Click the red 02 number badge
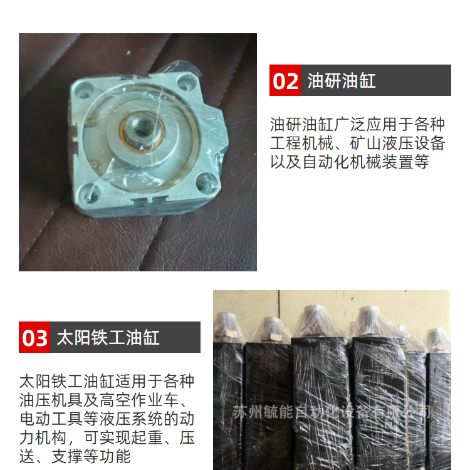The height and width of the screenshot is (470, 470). pyautogui.click(x=285, y=80)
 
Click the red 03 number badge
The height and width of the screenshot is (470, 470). pyautogui.click(x=34, y=337)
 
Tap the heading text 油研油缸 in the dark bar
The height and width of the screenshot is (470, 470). pyautogui.click(x=342, y=81)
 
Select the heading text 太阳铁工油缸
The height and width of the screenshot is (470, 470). pyautogui.click(x=108, y=338)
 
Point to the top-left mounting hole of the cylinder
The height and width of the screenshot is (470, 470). pyautogui.click(x=83, y=90)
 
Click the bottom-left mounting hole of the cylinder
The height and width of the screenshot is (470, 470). pyautogui.click(x=91, y=194)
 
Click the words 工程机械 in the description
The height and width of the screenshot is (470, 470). pyautogui.click(x=302, y=143)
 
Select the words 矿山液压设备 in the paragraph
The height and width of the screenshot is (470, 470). pyautogui.click(x=397, y=143)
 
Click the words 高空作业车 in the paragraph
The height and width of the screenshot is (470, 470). pyautogui.click(x=139, y=400)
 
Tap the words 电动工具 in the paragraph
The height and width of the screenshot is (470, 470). pyautogui.click(x=51, y=419)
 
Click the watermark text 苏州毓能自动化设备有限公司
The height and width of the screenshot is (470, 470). pyautogui.click(x=332, y=412)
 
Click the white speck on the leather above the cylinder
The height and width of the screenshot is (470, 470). pyautogui.click(x=128, y=53)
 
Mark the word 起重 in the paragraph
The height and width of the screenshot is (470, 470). pyautogui.click(x=147, y=437)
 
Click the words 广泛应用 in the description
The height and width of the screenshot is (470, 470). pyautogui.click(x=365, y=124)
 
